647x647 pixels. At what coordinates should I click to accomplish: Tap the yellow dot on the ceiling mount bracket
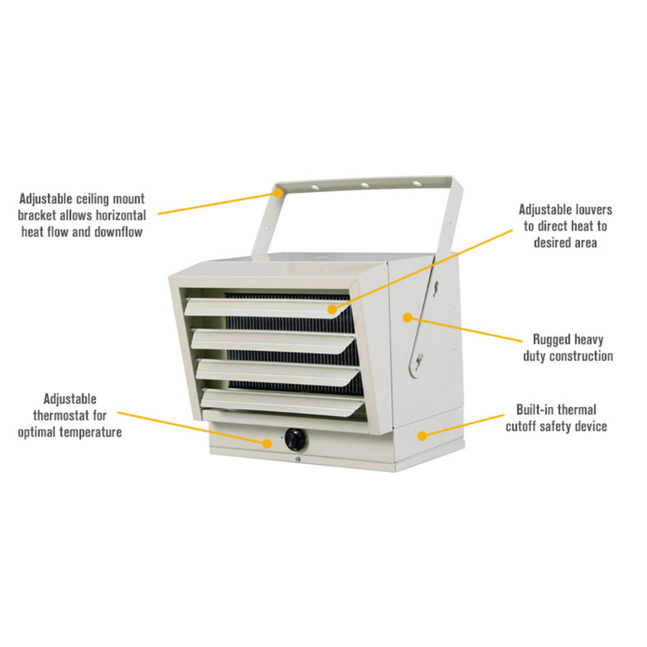point(279,193)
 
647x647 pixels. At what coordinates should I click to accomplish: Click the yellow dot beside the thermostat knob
point(267,443)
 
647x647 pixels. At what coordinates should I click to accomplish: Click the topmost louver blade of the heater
point(264,307)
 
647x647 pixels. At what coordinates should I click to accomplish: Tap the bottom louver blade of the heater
point(282,401)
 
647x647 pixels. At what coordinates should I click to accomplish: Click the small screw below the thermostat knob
point(297,459)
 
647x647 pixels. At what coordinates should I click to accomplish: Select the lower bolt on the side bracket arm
point(420,358)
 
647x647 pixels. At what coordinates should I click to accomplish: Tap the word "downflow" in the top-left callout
point(119,232)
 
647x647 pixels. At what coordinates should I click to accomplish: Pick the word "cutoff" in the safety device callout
point(525,427)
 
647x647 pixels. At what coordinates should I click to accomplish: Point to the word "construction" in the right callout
point(581,356)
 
